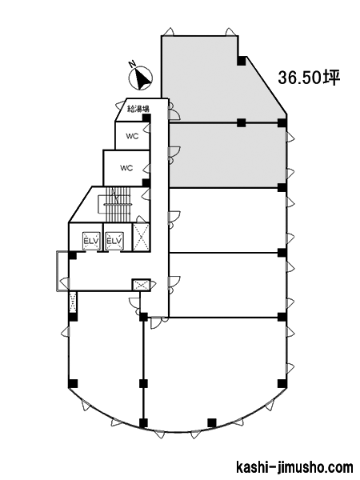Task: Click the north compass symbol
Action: point(141,78)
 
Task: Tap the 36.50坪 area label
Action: point(309,78)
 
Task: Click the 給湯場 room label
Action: point(138,109)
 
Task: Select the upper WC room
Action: point(132,136)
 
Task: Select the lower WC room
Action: point(126,168)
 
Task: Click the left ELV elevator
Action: point(91,241)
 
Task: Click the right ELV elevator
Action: point(114,241)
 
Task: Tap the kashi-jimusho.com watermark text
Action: point(295,468)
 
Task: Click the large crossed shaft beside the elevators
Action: point(141,238)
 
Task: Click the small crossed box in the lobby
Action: point(141,285)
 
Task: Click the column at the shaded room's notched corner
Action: point(242,61)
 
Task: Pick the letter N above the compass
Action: point(132,64)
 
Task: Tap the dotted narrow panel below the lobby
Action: point(73,302)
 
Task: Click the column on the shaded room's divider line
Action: point(242,122)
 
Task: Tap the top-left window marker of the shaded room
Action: point(170,31)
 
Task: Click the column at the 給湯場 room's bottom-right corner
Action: point(146,118)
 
